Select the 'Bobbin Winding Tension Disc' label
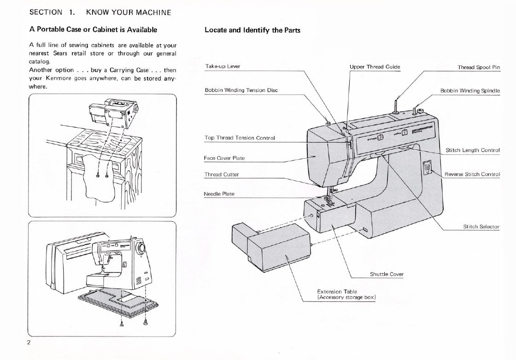pos(241,90)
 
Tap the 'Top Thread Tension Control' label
pos(240,138)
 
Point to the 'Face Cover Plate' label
pos(224,158)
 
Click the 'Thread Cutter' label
pos(222,175)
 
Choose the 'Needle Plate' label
pos(219,194)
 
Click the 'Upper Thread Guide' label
pos(375,67)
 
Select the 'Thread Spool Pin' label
pos(479,67)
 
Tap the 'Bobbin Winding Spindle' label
pos(470,91)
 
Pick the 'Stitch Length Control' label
pos(473,150)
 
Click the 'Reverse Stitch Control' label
pos(472,174)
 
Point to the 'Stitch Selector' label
pos(481,227)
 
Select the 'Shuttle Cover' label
pos(387,274)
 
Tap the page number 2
pos(29,342)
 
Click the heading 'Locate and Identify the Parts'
pos(252,30)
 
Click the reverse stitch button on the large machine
pos(427,167)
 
